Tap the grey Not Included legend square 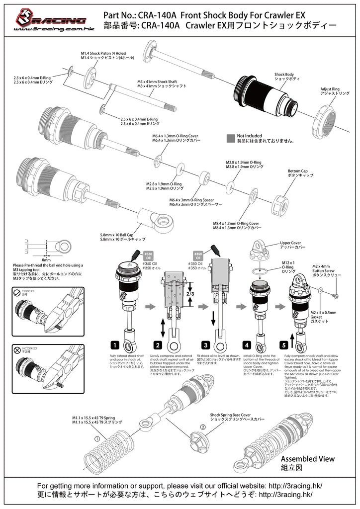(x=230, y=138)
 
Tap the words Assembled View (x=308, y=459)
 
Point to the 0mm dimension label (x=46, y=259)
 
